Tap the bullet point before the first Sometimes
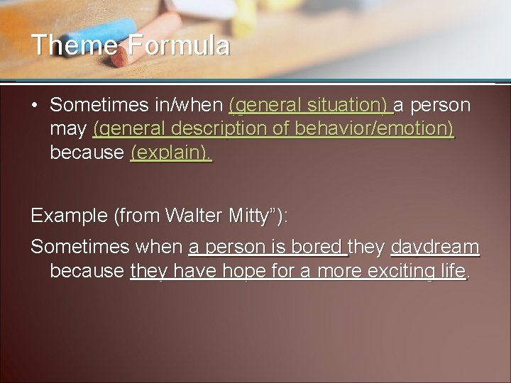pyautogui.click(x=34, y=106)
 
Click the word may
pyautogui.click(x=68, y=129)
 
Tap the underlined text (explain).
pyautogui.click(x=170, y=152)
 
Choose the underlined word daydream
pyautogui.click(x=435, y=248)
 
